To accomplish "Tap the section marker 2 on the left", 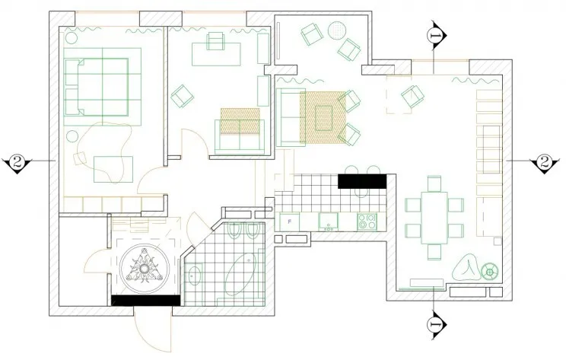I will pos(16,161).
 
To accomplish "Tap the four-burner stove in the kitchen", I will pos(369,221).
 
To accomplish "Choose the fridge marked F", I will pos(288,221).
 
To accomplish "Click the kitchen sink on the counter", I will pos(328,221).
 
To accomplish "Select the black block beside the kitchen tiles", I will pos(361,180).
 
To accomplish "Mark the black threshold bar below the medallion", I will pos(144,301).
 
